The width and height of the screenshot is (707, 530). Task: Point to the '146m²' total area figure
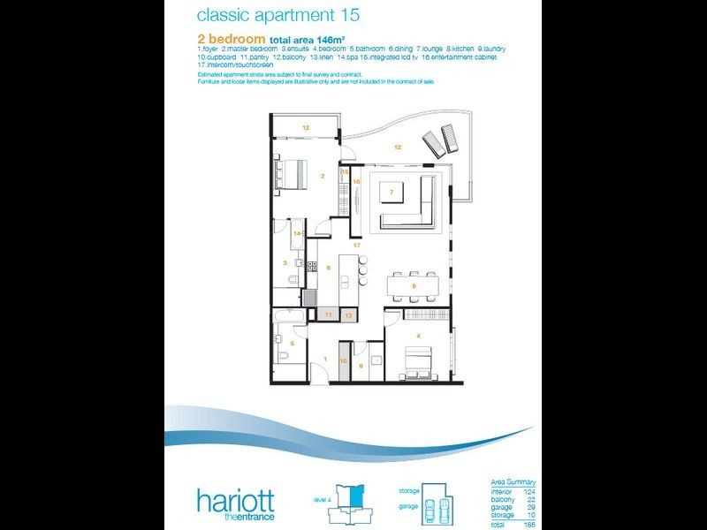pyautogui.click(x=311, y=40)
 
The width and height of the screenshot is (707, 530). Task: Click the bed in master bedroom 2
pyautogui.click(x=289, y=174)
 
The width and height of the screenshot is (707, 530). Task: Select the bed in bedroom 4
pyautogui.click(x=417, y=361)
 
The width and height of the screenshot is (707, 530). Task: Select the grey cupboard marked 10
pyautogui.click(x=345, y=361)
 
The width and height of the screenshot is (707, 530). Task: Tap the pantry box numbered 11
pyautogui.click(x=328, y=314)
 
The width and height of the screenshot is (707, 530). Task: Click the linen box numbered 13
pyautogui.click(x=348, y=314)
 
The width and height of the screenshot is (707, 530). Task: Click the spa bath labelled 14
pyautogui.click(x=298, y=234)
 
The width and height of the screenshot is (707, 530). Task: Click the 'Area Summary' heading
pyautogui.click(x=513, y=482)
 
